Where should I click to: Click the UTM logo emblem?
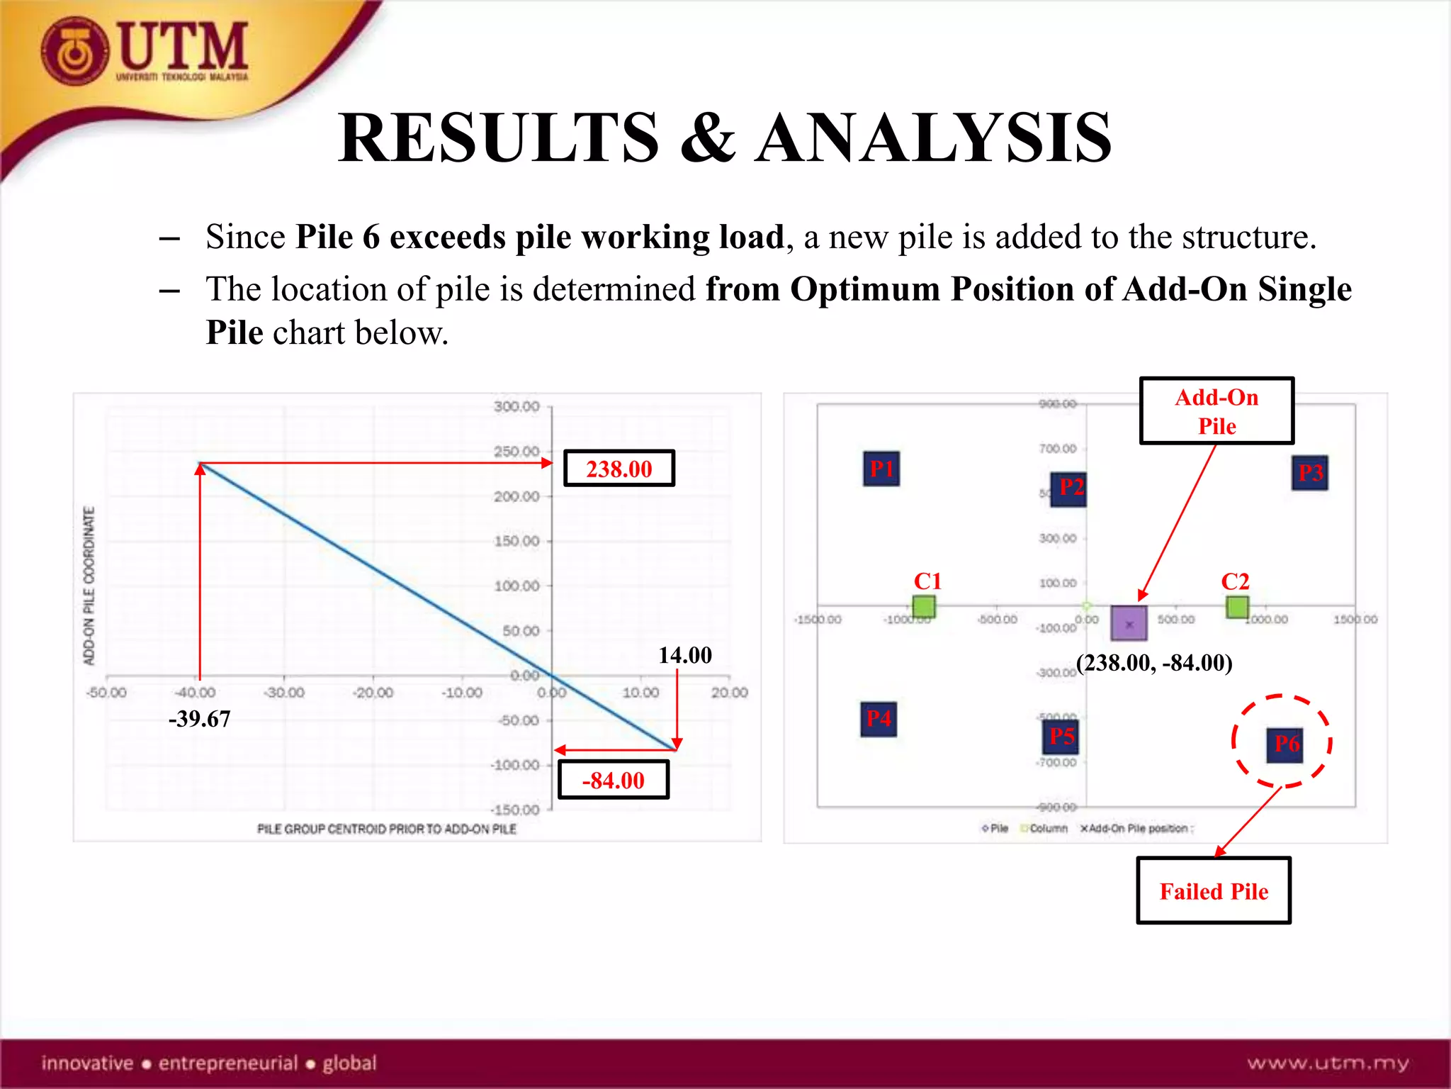click(x=75, y=51)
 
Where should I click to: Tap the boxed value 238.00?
click(x=619, y=469)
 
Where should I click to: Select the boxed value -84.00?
click(x=613, y=780)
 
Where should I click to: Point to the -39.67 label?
click(x=199, y=719)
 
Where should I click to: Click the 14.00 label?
click(x=684, y=655)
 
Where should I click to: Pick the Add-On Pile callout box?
click(x=1216, y=411)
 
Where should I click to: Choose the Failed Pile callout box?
click(x=1213, y=890)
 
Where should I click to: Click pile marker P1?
click(x=881, y=469)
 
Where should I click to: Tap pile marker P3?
click(x=1309, y=473)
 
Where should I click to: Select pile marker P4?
click(x=879, y=719)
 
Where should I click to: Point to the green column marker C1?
click(x=923, y=607)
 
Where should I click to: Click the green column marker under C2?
click(x=1237, y=607)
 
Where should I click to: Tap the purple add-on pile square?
click(x=1129, y=623)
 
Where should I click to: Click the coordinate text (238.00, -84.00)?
click(x=1154, y=663)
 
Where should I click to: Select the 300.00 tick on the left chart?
click(x=516, y=406)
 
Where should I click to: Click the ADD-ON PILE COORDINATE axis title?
click(x=89, y=586)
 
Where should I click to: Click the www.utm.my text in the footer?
click(x=1328, y=1063)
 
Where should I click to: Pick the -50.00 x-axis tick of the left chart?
click(x=107, y=693)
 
